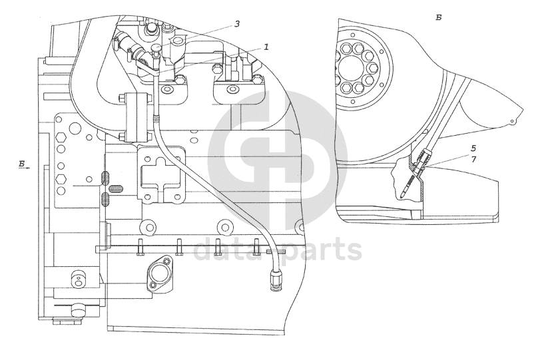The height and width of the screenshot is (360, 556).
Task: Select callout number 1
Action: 266,47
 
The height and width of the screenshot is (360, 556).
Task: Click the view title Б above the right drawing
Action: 438,17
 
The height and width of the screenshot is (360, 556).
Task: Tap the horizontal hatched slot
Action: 115,188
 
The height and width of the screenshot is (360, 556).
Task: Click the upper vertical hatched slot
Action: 105,177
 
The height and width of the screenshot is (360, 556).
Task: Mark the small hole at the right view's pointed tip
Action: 512,121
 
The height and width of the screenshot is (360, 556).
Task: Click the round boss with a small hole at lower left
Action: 78,281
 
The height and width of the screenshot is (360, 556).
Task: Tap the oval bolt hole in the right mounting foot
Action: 233,88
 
